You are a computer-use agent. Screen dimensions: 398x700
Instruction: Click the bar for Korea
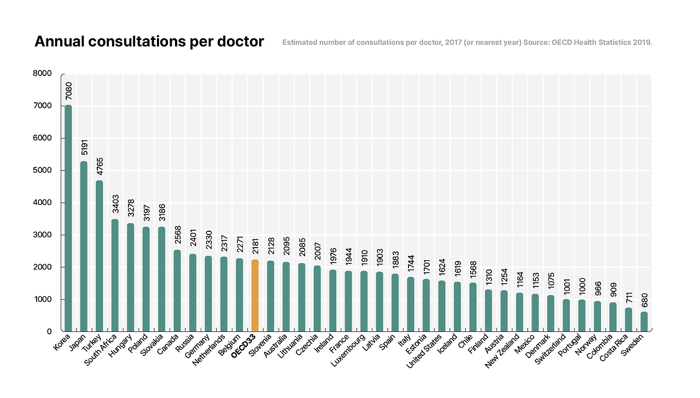(x=68, y=219)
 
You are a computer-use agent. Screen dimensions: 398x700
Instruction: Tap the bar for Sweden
(x=644, y=321)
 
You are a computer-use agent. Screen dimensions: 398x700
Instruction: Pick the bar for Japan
(x=84, y=246)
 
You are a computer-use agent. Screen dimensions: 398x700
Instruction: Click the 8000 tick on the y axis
(x=42, y=73)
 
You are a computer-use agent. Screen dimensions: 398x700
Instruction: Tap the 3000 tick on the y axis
(x=42, y=235)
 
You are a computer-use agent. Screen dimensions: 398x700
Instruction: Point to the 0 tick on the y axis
(x=49, y=331)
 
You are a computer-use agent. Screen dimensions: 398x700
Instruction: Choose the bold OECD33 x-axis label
(x=244, y=347)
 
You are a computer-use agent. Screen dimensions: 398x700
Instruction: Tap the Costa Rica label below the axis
(x=616, y=349)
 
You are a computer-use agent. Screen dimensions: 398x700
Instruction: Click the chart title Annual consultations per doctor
(x=149, y=42)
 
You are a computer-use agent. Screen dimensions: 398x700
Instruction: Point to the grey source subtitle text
(x=467, y=42)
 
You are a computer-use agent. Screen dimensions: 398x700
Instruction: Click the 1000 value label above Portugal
(x=582, y=287)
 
